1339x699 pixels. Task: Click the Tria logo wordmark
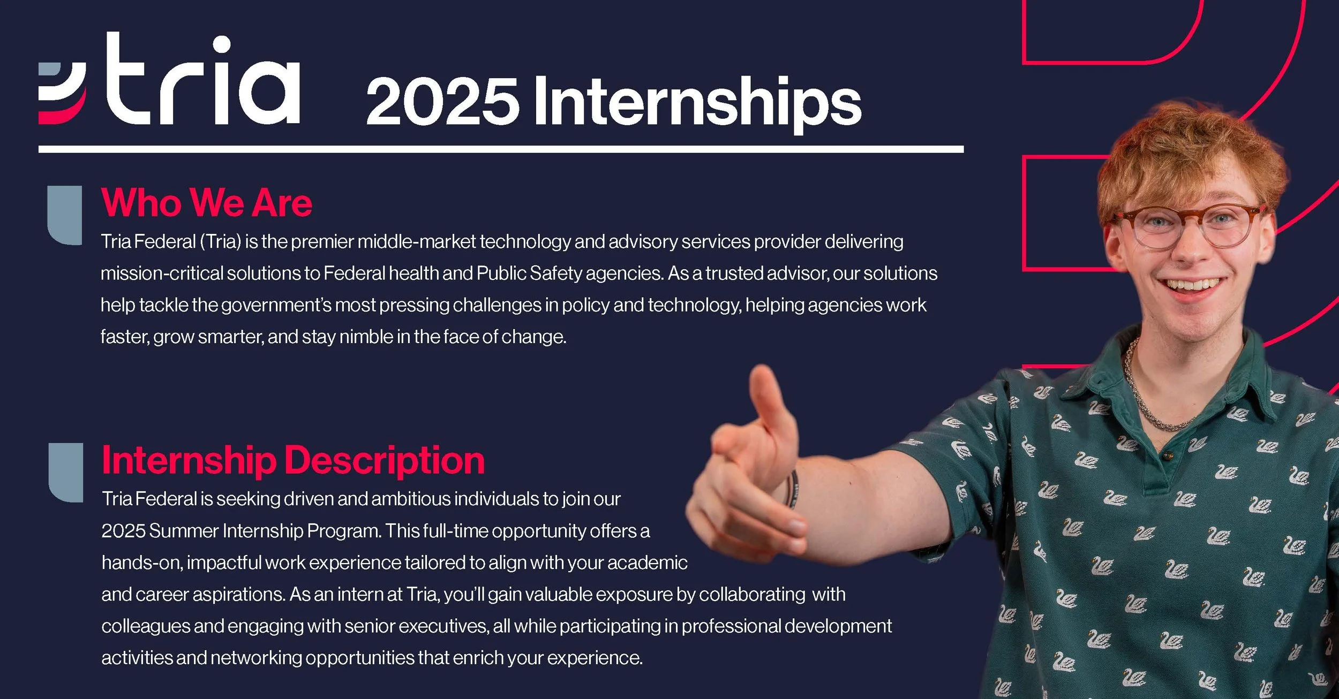204,80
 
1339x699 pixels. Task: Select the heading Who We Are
206,203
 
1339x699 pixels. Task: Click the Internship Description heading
293,460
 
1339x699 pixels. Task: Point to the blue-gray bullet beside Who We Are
65,215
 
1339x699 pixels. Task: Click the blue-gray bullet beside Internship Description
66,472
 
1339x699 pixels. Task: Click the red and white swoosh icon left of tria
62,93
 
